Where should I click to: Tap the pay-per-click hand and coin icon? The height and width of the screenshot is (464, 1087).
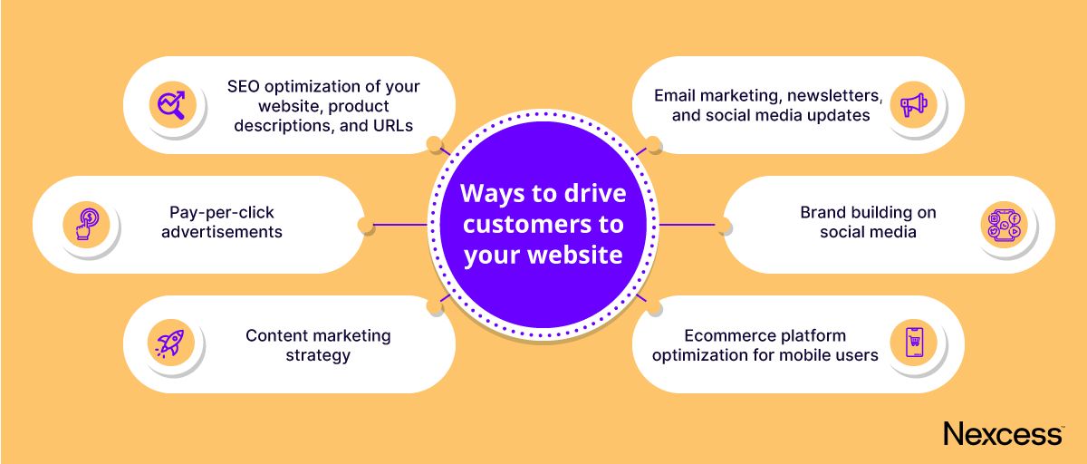coord(86,223)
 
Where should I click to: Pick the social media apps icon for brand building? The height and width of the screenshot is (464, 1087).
coord(1004,223)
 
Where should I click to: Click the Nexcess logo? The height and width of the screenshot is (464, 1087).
coord(1003,433)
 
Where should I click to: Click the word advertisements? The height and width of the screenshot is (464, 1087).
coord(221,232)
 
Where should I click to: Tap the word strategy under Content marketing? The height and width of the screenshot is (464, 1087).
coord(318,355)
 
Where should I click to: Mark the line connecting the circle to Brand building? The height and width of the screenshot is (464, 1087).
coord(688,224)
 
